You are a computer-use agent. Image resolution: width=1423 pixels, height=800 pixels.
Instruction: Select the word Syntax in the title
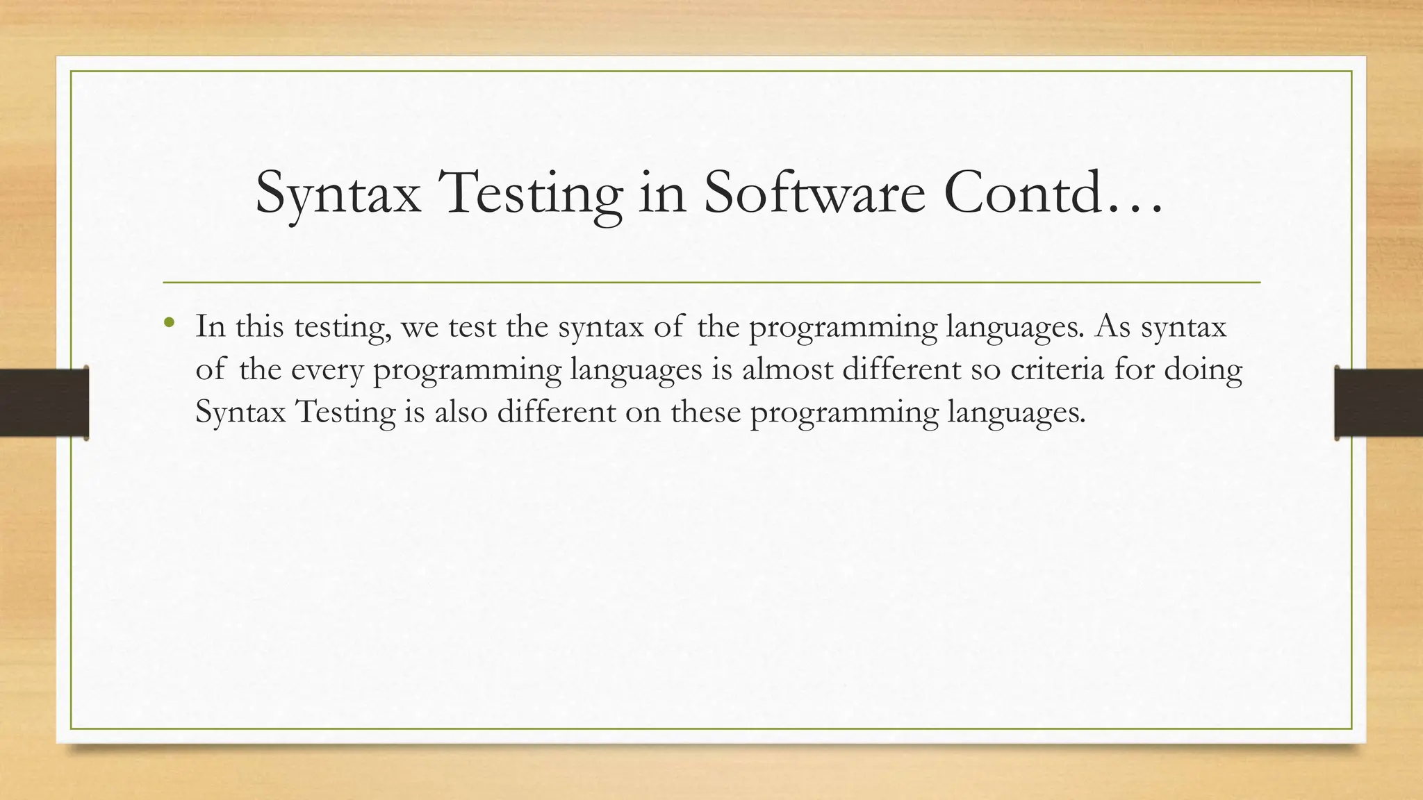point(338,193)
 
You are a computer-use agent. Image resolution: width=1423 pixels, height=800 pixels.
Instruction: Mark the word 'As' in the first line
point(1113,326)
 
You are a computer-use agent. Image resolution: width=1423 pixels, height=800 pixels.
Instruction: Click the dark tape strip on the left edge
point(44,403)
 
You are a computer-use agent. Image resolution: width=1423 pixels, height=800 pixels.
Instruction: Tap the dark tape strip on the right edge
point(1379,403)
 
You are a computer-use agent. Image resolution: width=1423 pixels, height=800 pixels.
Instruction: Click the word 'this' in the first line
point(259,326)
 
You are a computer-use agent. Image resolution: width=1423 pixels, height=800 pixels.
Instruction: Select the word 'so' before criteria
point(985,369)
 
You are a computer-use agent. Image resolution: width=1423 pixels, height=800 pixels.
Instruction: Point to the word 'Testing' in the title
point(529,193)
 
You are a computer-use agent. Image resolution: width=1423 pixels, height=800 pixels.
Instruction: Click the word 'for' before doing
point(1135,369)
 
